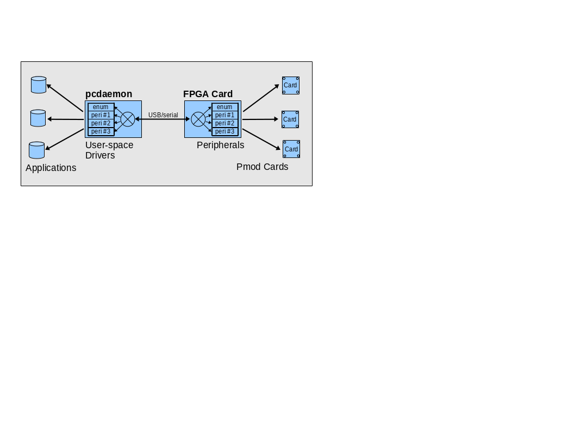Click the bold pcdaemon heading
pos(109,94)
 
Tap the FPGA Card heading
pos(208,94)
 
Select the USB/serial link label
pos(163,115)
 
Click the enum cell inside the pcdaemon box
pos(101,107)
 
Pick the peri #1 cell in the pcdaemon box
pos(101,115)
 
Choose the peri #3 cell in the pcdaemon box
pos(101,131)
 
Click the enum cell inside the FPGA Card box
pos(224,107)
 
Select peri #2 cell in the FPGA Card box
pos(224,123)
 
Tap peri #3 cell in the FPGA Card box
pos(224,131)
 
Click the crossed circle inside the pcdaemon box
pos(128,119)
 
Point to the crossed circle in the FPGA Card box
pos(198,119)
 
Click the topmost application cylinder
pos(39,85)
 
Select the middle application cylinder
pos(38,118)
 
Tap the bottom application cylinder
pos(36,150)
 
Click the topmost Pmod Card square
pos(291,85)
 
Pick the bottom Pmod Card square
pos(291,149)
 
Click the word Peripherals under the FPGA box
pos(220,145)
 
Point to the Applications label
pos(51,168)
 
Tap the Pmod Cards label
pos(262,167)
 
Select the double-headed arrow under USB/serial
pos(163,119)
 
